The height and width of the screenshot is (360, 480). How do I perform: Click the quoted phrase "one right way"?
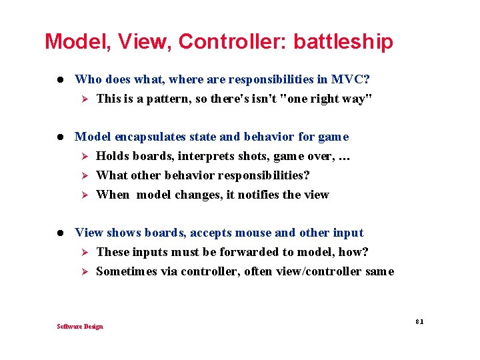pyautogui.click(x=327, y=99)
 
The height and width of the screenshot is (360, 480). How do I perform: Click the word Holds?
pyautogui.click(x=113, y=156)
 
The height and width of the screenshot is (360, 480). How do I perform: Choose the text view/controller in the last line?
pyautogui.click(x=331, y=271)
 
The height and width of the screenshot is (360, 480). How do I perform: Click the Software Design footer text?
pyautogui.click(x=80, y=326)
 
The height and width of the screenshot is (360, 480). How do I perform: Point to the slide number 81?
pyautogui.click(x=419, y=321)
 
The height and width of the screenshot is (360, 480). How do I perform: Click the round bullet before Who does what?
pyautogui.click(x=59, y=80)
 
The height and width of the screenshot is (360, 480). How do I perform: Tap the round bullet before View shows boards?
pyautogui.click(x=59, y=233)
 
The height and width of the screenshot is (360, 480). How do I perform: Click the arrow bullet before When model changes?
pyautogui.click(x=84, y=195)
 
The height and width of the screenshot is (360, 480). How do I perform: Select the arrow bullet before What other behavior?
pyautogui.click(x=84, y=175)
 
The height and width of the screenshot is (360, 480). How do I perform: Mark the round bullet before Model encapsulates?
pyautogui.click(x=59, y=137)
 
